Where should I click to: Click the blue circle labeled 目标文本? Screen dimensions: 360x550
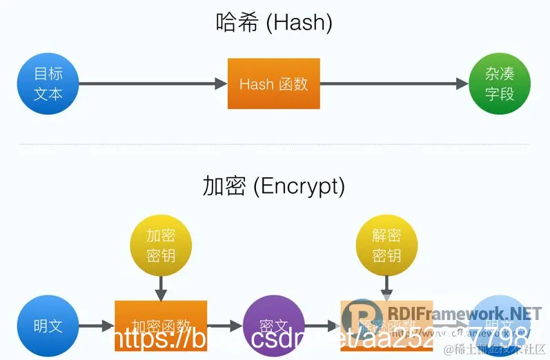coord(48,84)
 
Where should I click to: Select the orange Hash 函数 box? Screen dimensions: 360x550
coord(274,84)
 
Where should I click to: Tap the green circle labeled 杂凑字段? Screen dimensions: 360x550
coord(500,84)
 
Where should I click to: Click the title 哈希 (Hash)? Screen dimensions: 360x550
coord(274,23)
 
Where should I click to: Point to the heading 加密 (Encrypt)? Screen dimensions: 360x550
coord(274,186)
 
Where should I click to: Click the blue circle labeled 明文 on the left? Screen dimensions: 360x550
coord(48,326)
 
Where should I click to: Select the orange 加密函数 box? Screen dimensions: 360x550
coord(161,324)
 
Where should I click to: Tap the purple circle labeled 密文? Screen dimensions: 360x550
coord(274,326)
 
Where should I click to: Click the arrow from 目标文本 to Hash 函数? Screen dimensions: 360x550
coord(153,84)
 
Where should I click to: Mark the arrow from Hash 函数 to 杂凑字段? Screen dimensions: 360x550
coord(394,84)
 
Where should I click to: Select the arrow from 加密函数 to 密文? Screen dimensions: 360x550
coord(224,326)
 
